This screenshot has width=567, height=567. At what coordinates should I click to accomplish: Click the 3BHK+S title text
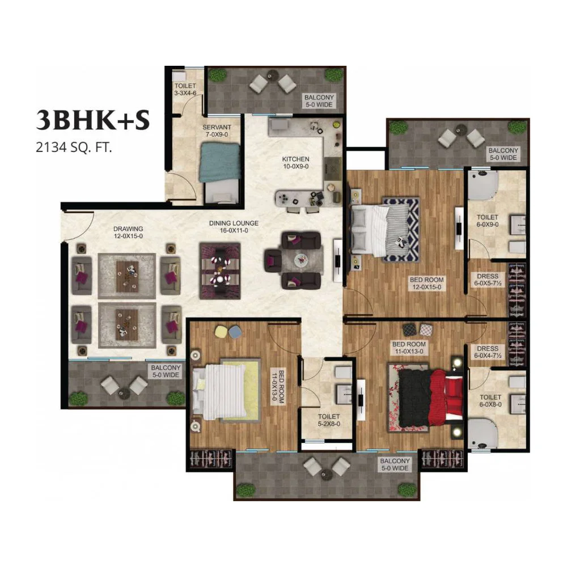pos(93,120)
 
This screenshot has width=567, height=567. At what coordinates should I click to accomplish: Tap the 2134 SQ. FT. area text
pos(74,147)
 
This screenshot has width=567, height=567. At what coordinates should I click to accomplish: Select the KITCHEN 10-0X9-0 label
pos(296,163)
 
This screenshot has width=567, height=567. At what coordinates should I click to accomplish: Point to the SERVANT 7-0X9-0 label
pos(217,131)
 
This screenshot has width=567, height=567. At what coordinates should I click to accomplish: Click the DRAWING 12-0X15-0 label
pos(128,232)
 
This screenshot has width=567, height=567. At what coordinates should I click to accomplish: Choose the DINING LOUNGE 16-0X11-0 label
pos(234,227)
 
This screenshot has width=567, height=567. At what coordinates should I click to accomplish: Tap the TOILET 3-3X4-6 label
pos(185,90)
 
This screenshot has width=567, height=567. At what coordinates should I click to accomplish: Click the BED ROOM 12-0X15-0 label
pos(427,283)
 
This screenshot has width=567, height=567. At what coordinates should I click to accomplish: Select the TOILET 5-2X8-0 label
pos(329,420)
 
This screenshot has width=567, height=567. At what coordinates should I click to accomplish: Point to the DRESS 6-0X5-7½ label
pos(488,280)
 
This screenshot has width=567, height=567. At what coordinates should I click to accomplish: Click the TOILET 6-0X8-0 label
pos(490,401)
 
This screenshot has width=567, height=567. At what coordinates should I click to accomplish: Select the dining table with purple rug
pos(220,271)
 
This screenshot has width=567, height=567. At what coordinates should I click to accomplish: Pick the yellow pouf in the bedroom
pos(221,332)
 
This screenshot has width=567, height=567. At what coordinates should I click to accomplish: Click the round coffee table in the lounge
pos(301,259)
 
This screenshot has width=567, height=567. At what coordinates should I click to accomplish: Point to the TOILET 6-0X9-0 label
pos(488,221)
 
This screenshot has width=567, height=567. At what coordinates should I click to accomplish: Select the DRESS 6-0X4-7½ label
pos(488,352)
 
